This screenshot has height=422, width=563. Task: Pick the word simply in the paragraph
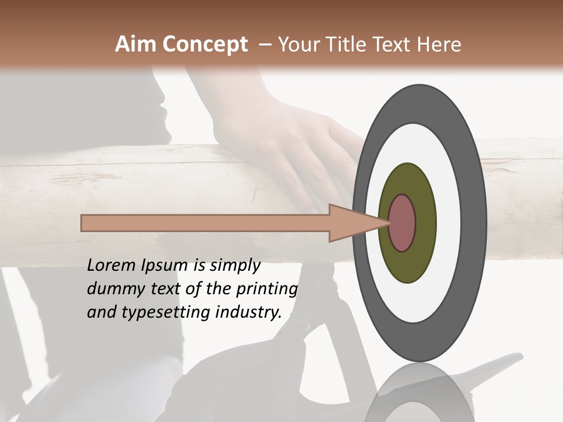[x=235, y=266]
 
